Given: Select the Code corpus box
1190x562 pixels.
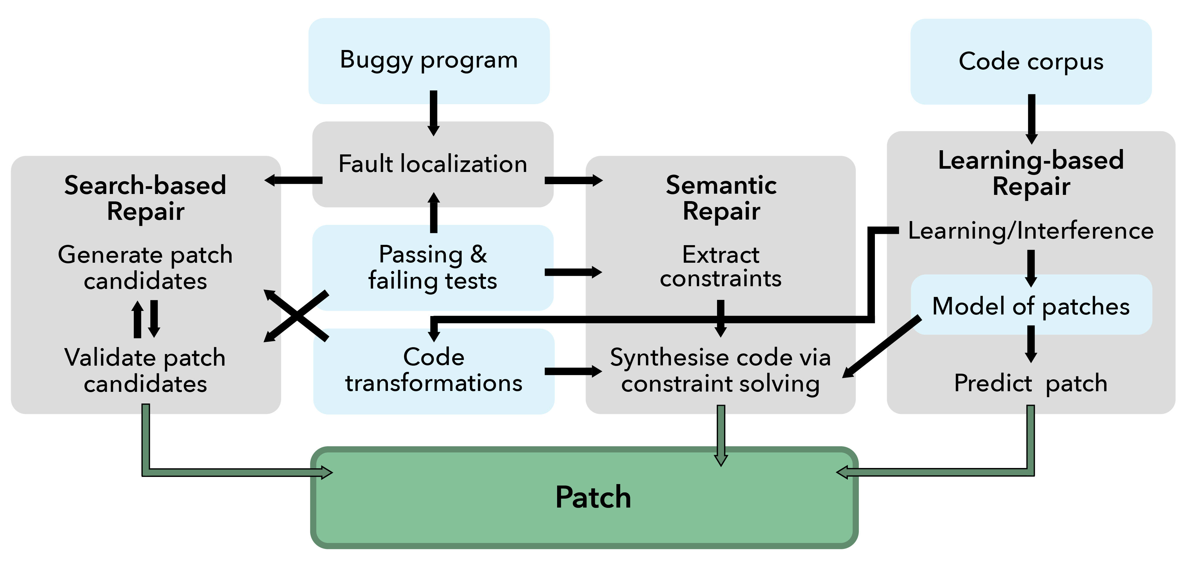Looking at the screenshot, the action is [1031, 62].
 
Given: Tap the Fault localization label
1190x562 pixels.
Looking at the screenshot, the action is [433, 164].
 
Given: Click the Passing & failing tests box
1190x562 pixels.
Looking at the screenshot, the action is [433, 267].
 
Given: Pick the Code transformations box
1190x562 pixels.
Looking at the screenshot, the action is [434, 371].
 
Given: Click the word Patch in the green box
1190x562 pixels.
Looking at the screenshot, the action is [593, 498].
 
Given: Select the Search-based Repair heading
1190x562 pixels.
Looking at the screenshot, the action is [145, 198].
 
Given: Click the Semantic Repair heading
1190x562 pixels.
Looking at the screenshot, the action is [721, 198].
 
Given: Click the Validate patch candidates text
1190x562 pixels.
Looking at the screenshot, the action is [145, 371].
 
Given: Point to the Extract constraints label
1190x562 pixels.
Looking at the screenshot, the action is [721, 266].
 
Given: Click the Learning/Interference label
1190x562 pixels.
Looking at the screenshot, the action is [1031, 231].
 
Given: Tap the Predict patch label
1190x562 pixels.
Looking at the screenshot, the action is [1031, 383].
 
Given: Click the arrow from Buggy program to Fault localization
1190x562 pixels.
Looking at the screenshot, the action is [433, 113].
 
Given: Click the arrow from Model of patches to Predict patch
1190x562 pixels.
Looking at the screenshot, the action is [1031, 344].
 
